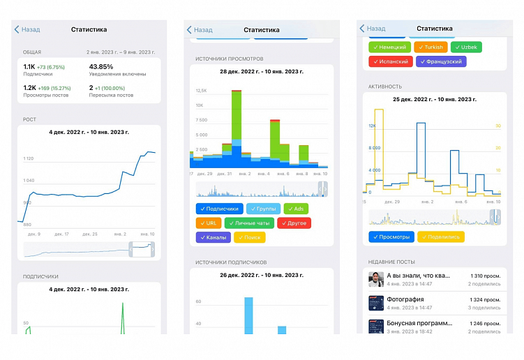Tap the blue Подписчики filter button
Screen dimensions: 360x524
pos(219,209)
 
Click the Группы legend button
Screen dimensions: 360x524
pos(263,209)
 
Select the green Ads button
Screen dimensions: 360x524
pos(296,209)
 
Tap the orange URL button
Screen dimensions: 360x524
pos(209,223)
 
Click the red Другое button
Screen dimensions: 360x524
pos(294,223)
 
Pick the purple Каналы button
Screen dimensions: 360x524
pos(213,237)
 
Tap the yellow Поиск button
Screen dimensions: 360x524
pos(249,237)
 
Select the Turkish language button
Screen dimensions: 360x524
pos(431,47)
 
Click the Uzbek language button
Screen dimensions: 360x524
pos(467,47)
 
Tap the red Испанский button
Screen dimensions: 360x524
pos(391,61)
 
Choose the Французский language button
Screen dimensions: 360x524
pos(441,61)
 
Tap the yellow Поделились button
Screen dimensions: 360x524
pos(440,237)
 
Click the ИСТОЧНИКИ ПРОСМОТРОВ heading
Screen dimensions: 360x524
pos(230,59)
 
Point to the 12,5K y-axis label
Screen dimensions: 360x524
pos(201,91)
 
